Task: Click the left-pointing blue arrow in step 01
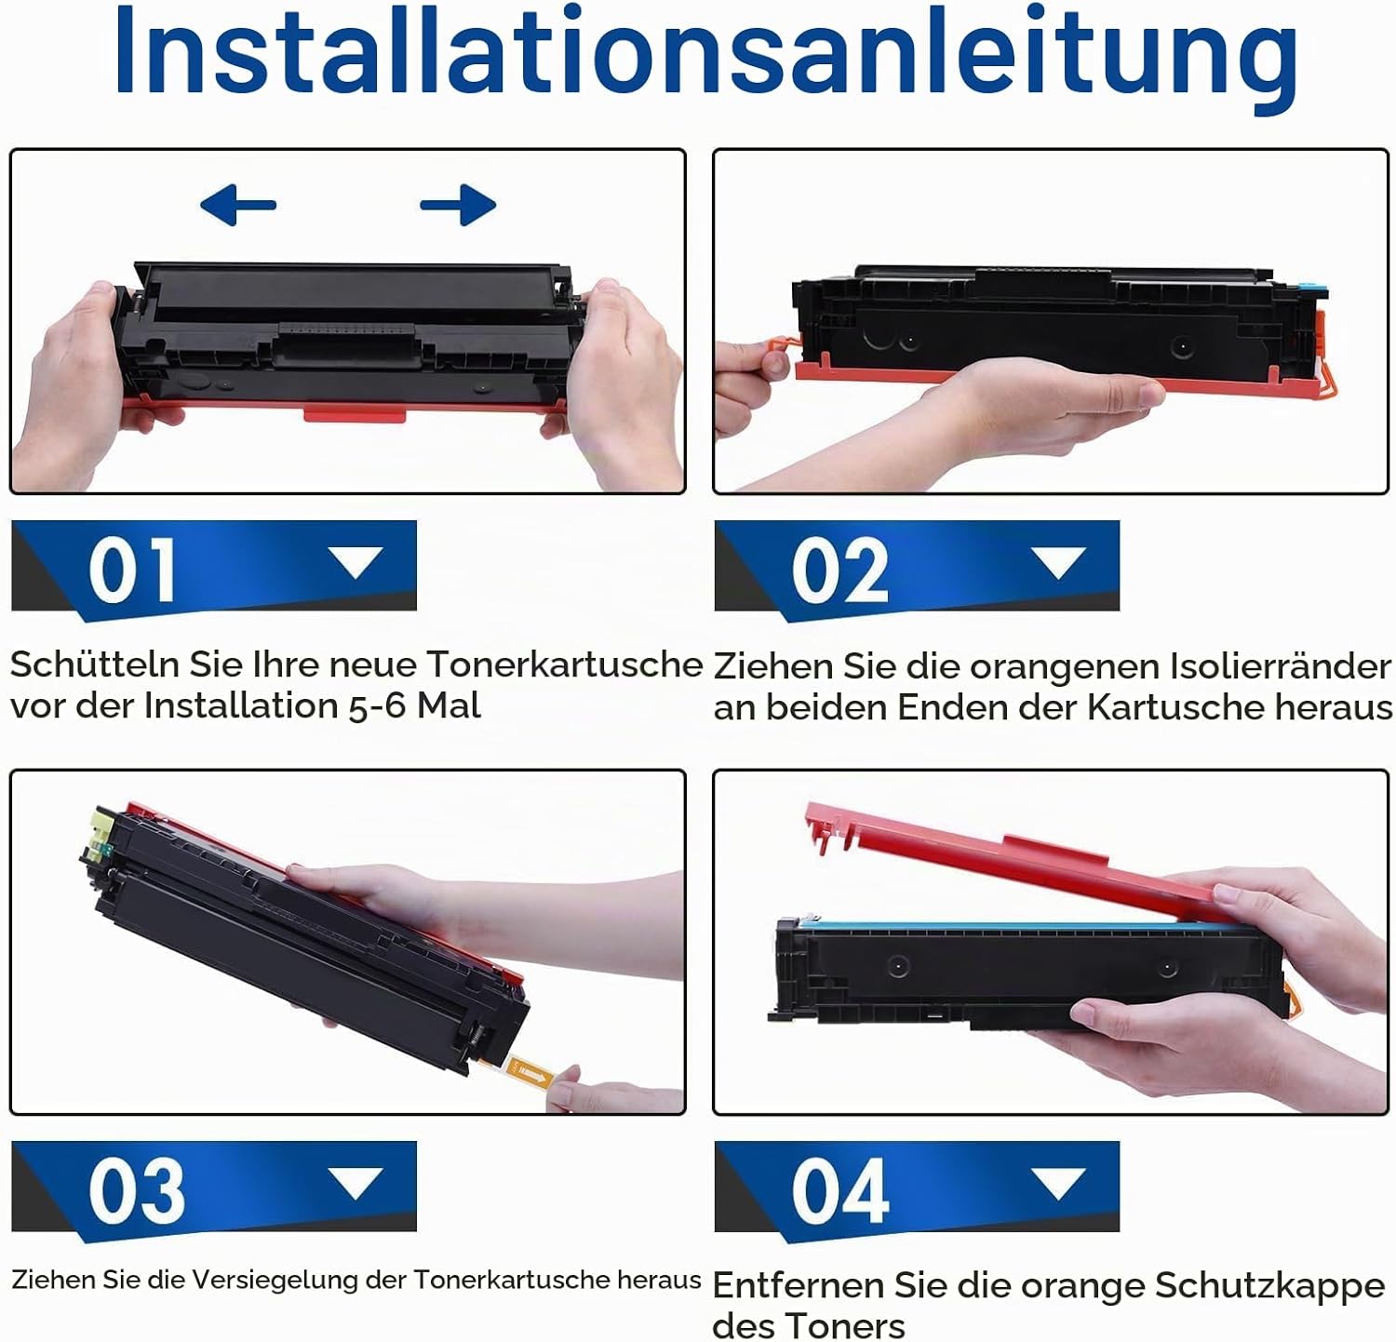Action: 238,205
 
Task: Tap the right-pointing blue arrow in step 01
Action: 458,205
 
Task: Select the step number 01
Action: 131,570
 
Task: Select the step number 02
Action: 839,570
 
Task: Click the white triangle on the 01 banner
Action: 356,562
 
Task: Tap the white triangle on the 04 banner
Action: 1059,1183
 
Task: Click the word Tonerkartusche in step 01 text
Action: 564,664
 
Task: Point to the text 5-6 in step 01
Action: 379,705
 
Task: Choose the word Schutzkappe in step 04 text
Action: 1269,1286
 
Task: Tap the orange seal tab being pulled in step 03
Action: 532,1075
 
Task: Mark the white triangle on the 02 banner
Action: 1059,562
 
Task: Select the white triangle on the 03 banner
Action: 356,1183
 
